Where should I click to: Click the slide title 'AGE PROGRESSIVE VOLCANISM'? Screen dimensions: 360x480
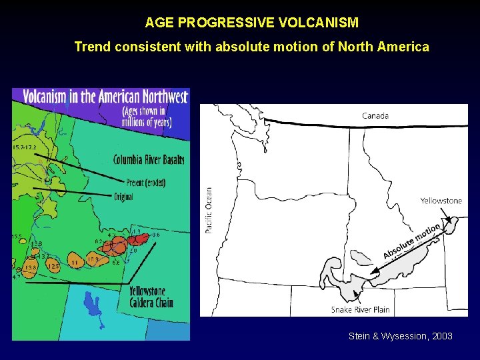(252, 23)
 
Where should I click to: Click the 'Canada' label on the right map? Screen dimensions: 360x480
(375, 116)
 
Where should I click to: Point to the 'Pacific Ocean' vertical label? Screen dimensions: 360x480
(209, 209)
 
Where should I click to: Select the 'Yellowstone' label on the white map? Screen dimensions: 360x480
(441, 201)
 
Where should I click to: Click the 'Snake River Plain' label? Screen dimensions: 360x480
(360, 309)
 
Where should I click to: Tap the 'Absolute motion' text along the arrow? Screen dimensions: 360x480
(411, 241)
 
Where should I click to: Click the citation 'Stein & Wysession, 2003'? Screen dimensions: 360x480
(400, 336)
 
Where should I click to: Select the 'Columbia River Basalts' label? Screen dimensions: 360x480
(149, 160)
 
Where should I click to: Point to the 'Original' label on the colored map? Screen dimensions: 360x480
(123, 197)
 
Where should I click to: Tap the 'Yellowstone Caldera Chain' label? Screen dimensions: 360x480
(151, 297)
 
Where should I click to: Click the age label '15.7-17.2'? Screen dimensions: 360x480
(25, 146)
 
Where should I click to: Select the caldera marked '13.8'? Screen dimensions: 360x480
(29, 268)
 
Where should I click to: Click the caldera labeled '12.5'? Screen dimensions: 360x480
(53, 266)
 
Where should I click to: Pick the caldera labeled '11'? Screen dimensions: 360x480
(75, 263)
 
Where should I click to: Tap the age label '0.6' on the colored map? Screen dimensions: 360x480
(156, 235)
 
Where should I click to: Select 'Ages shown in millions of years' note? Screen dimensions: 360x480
(147, 117)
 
